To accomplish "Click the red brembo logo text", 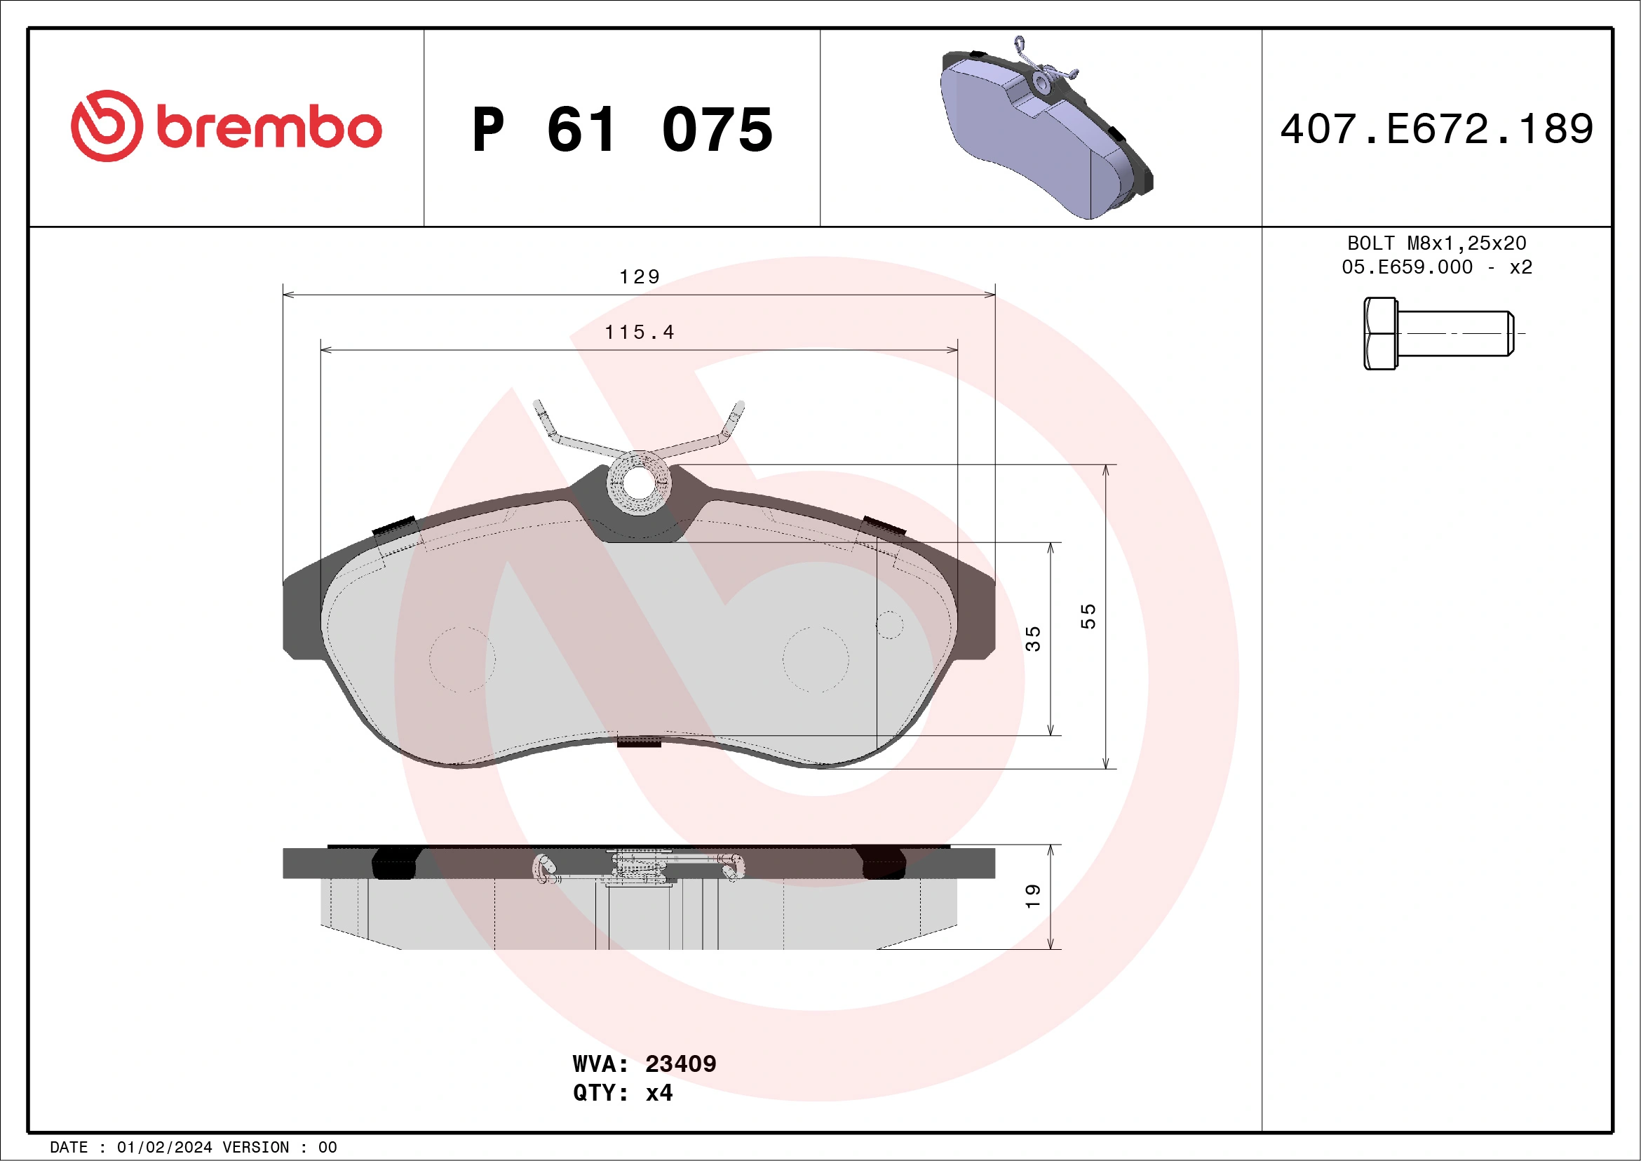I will click(x=268, y=128).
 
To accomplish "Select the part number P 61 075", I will click(x=622, y=129).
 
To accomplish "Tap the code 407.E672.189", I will click(x=1437, y=129).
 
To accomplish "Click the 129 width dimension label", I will click(x=639, y=276).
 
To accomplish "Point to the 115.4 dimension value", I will click(x=639, y=333).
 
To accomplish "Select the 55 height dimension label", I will click(x=1087, y=616).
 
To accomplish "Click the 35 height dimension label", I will click(x=1033, y=638).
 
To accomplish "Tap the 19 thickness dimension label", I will click(x=1033, y=897).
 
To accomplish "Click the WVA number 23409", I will click(x=680, y=1063).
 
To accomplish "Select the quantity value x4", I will click(x=659, y=1093).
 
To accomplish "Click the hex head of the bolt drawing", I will click(x=1379, y=334).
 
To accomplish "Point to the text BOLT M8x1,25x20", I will click(x=1437, y=243).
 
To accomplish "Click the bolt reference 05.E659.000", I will click(x=1407, y=267).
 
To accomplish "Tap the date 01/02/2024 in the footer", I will click(x=164, y=1148).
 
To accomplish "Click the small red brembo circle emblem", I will click(x=107, y=126).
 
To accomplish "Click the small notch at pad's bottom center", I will click(x=638, y=742).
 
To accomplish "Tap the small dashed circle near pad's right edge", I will click(x=889, y=624).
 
